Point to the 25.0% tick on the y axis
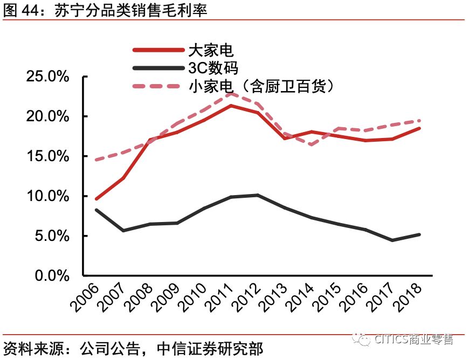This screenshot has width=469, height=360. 48,77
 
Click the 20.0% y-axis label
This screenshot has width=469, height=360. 48,116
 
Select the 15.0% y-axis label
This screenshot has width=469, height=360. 48,156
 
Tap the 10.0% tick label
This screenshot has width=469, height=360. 48,196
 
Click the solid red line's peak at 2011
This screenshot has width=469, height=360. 231,106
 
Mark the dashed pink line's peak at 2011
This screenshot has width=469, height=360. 231,93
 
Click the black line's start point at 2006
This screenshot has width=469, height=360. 96,210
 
